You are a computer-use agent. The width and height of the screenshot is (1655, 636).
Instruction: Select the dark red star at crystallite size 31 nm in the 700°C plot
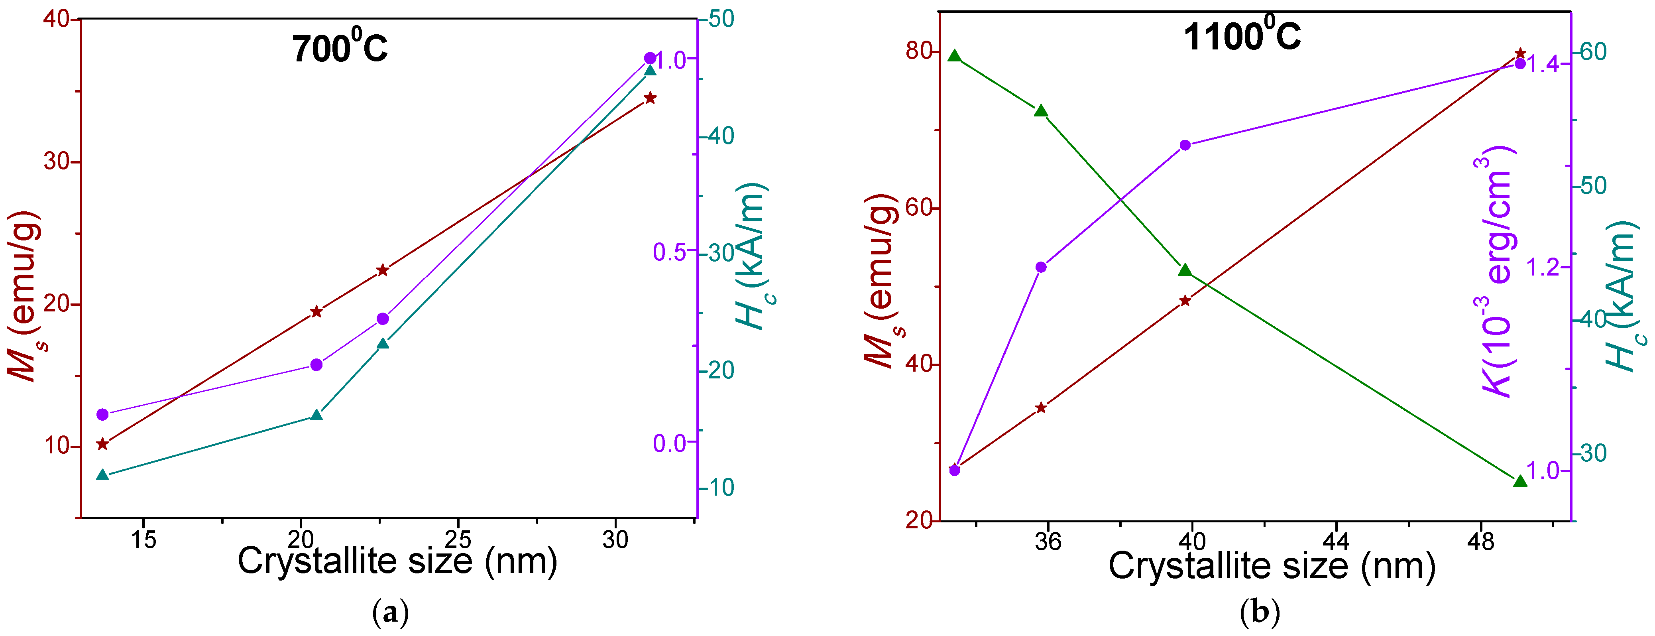coord(650,98)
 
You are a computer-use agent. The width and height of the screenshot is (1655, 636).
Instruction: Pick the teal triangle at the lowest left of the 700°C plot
coord(102,475)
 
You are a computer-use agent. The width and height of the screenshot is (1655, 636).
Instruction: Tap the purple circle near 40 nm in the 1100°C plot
coord(1185,145)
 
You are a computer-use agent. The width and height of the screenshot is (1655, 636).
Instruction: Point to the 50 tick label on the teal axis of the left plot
coord(720,19)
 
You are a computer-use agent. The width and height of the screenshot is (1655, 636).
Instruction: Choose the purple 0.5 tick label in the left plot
coord(670,252)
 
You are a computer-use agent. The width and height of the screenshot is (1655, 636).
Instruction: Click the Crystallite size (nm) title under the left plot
coord(397,561)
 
